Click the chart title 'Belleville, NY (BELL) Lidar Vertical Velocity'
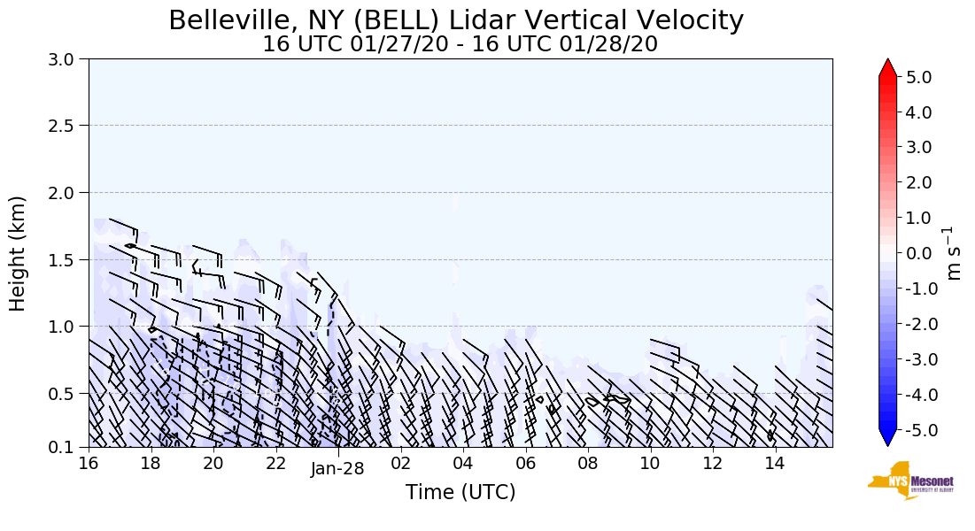coord(456,20)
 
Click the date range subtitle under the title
coord(460,44)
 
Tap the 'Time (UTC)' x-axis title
coord(460,492)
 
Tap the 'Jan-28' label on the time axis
coord(337,469)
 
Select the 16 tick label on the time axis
coord(88,464)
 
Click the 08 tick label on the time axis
coord(587,464)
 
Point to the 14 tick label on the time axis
coord(775,464)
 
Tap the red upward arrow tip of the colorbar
coord(888,66)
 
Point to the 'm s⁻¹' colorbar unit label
coord(954,253)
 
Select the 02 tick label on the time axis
coord(400,464)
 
